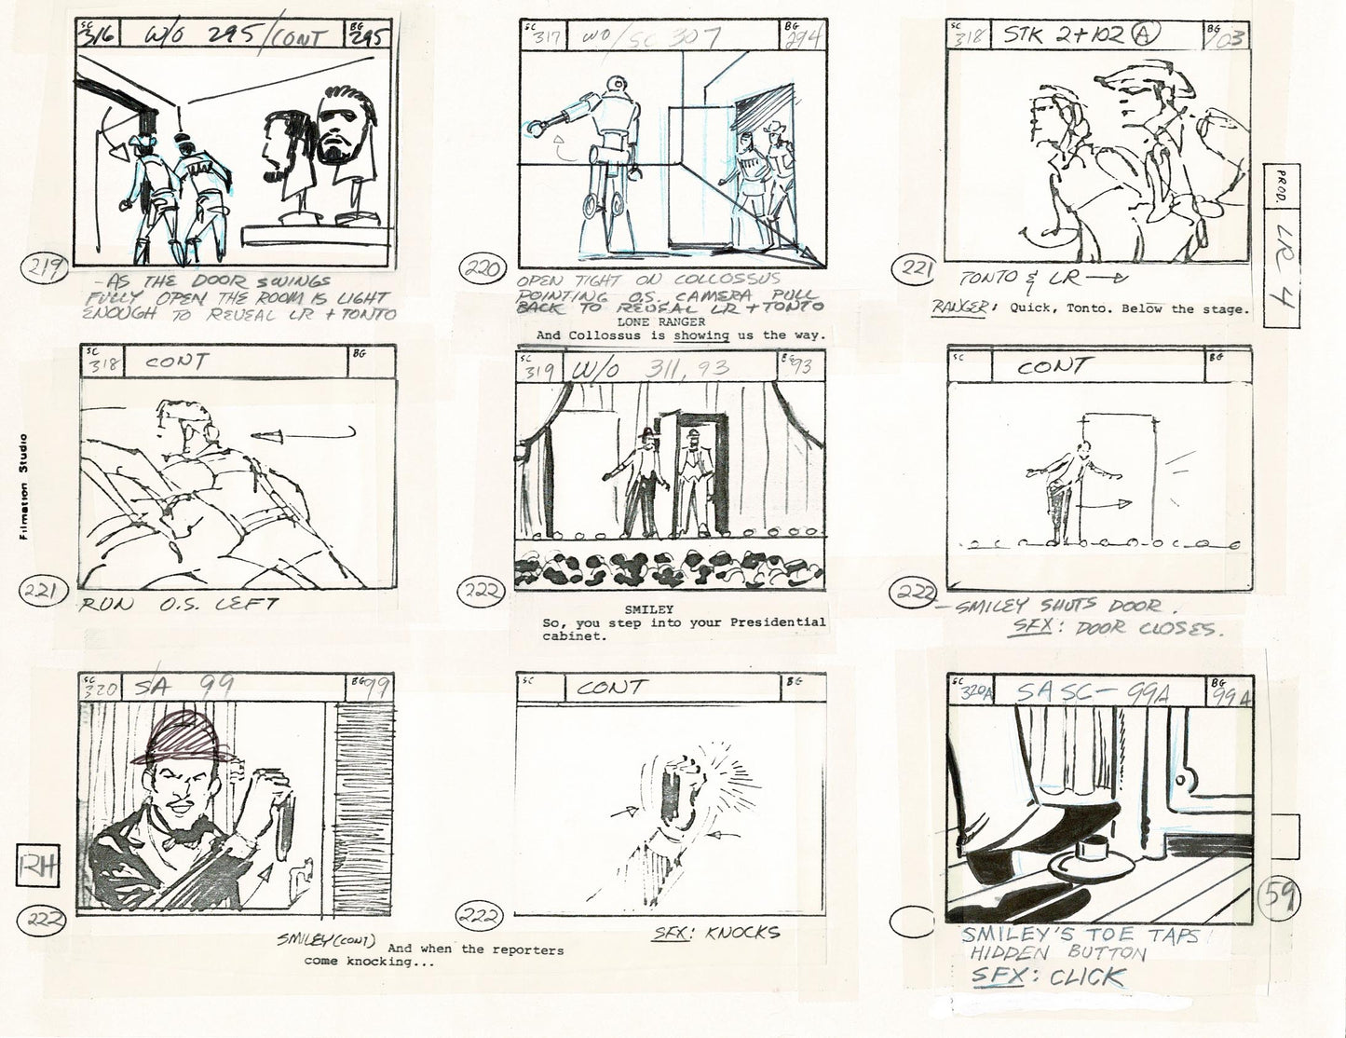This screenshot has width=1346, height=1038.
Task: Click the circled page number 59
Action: (1276, 899)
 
